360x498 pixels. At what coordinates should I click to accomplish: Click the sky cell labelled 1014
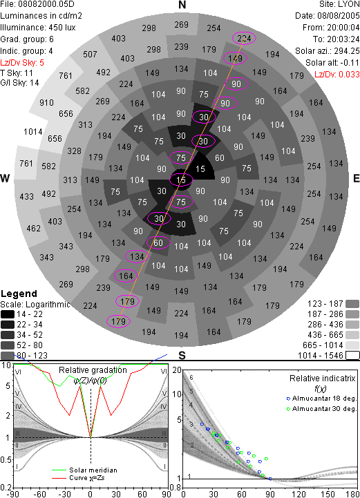pos(33,131)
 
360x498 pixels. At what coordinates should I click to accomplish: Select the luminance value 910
pos(46,103)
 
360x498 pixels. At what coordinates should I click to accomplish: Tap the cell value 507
pos(90,55)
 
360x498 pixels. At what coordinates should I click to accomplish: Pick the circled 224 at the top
pos(244,39)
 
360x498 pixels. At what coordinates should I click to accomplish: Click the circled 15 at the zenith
pos(181,180)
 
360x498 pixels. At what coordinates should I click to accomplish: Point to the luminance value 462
pos(33,229)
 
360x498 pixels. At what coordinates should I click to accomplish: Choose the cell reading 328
pos(74,151)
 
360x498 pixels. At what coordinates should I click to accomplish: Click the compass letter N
pos(182,5)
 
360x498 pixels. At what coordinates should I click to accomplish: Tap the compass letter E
pos(356,178)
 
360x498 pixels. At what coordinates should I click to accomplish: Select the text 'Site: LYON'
pos(339,4)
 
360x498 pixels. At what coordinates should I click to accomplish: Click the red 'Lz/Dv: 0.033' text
pos(337,75)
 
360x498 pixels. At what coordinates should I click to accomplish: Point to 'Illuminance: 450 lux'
pos(38,28)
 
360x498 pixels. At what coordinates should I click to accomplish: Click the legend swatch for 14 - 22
pos(8,314)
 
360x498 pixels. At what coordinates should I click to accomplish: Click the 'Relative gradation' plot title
pos(93,370)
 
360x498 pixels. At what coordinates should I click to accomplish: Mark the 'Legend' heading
pos(19,294)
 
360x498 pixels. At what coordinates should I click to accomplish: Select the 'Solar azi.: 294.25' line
pos(328,51)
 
